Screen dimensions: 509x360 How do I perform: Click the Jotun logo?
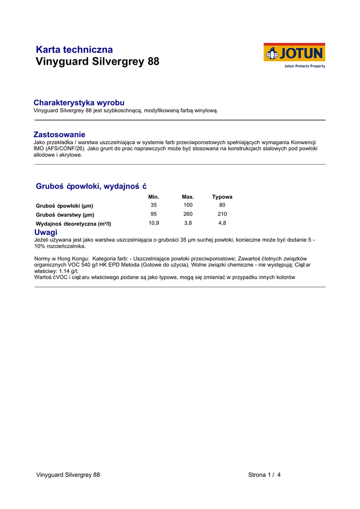[294, 55]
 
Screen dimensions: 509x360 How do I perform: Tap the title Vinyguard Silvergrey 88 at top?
[98, 62]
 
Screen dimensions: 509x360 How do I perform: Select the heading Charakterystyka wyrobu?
[79, 102]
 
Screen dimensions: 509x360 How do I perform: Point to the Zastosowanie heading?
[59, 134]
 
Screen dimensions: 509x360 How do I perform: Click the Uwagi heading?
[46, 232]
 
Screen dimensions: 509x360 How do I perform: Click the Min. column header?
[154, 197]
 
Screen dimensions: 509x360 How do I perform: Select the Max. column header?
[188, 197]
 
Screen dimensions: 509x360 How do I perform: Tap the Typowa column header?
[222, 197]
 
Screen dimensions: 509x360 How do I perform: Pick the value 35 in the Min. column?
[154, 205]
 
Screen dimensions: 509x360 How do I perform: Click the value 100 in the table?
[188, 205]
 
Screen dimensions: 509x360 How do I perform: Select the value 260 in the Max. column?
[188, 214]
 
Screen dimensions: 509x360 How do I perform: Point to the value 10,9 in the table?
[154, 223]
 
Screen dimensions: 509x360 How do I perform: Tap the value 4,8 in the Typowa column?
[222, 223]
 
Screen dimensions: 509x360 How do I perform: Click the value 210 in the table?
[222, 214]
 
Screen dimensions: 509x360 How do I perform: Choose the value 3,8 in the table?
[188, 223]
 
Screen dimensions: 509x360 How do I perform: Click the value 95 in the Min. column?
[154, 214]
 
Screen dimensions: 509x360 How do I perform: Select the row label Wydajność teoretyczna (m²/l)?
[74, 224]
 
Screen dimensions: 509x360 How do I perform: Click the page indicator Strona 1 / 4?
[265, 475]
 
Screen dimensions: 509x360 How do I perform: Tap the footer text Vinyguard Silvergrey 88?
[68, 475]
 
